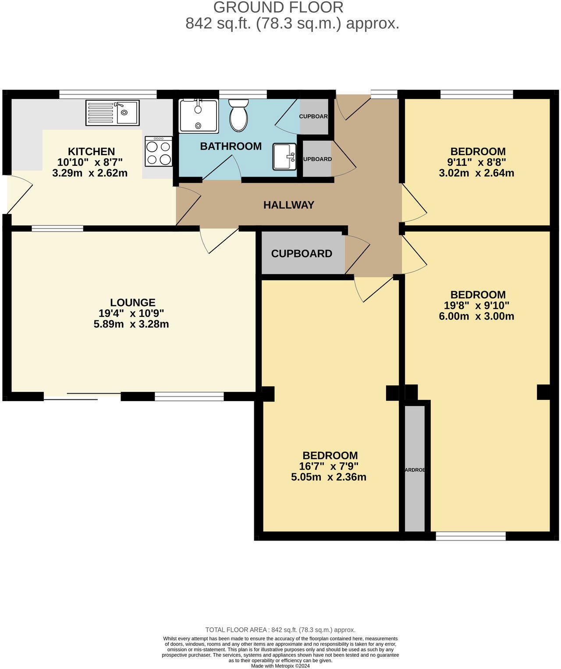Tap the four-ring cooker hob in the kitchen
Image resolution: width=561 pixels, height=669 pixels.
159,151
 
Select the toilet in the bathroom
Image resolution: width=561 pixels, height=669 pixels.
238,115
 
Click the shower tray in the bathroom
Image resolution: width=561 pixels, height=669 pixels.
198,116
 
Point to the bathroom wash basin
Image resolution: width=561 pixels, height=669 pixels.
284,157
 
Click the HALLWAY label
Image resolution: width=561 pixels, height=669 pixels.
289,205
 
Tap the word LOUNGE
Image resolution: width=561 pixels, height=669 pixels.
133,302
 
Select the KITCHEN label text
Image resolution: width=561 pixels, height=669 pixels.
91,152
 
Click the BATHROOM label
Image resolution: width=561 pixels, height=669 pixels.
231,146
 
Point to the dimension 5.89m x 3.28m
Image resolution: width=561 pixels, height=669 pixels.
131,324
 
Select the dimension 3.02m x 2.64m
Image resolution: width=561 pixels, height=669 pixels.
476,173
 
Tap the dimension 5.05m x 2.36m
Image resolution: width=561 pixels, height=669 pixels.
329,477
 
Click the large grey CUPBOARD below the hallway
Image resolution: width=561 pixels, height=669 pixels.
302,253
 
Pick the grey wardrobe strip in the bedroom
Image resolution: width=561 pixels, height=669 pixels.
414,469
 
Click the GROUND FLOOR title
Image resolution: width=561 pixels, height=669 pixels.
278,7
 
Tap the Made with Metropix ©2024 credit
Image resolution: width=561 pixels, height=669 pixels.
280,665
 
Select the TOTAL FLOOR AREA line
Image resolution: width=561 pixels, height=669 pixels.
280,630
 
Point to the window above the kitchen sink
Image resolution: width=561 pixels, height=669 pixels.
108,94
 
